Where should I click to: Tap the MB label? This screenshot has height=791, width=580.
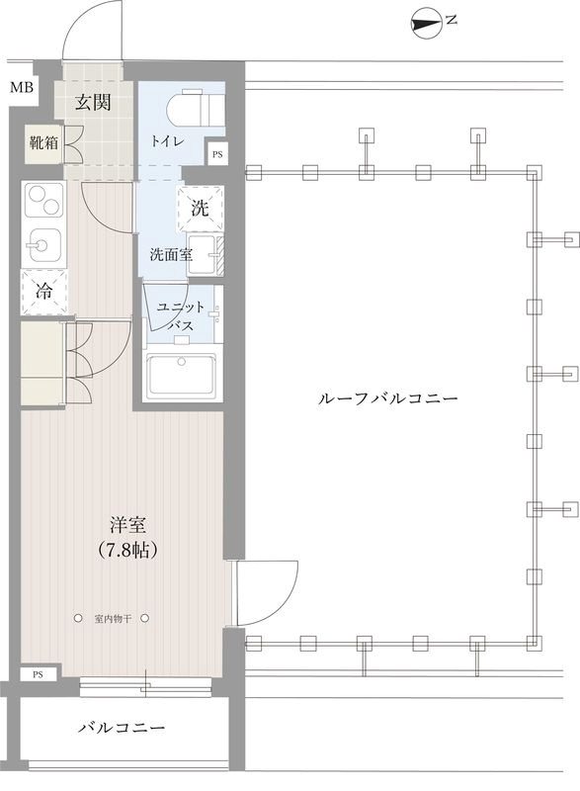pos(21,88)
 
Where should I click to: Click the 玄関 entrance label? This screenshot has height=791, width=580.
pos(94,102)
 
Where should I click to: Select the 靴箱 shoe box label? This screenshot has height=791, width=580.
pos(43,142)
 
